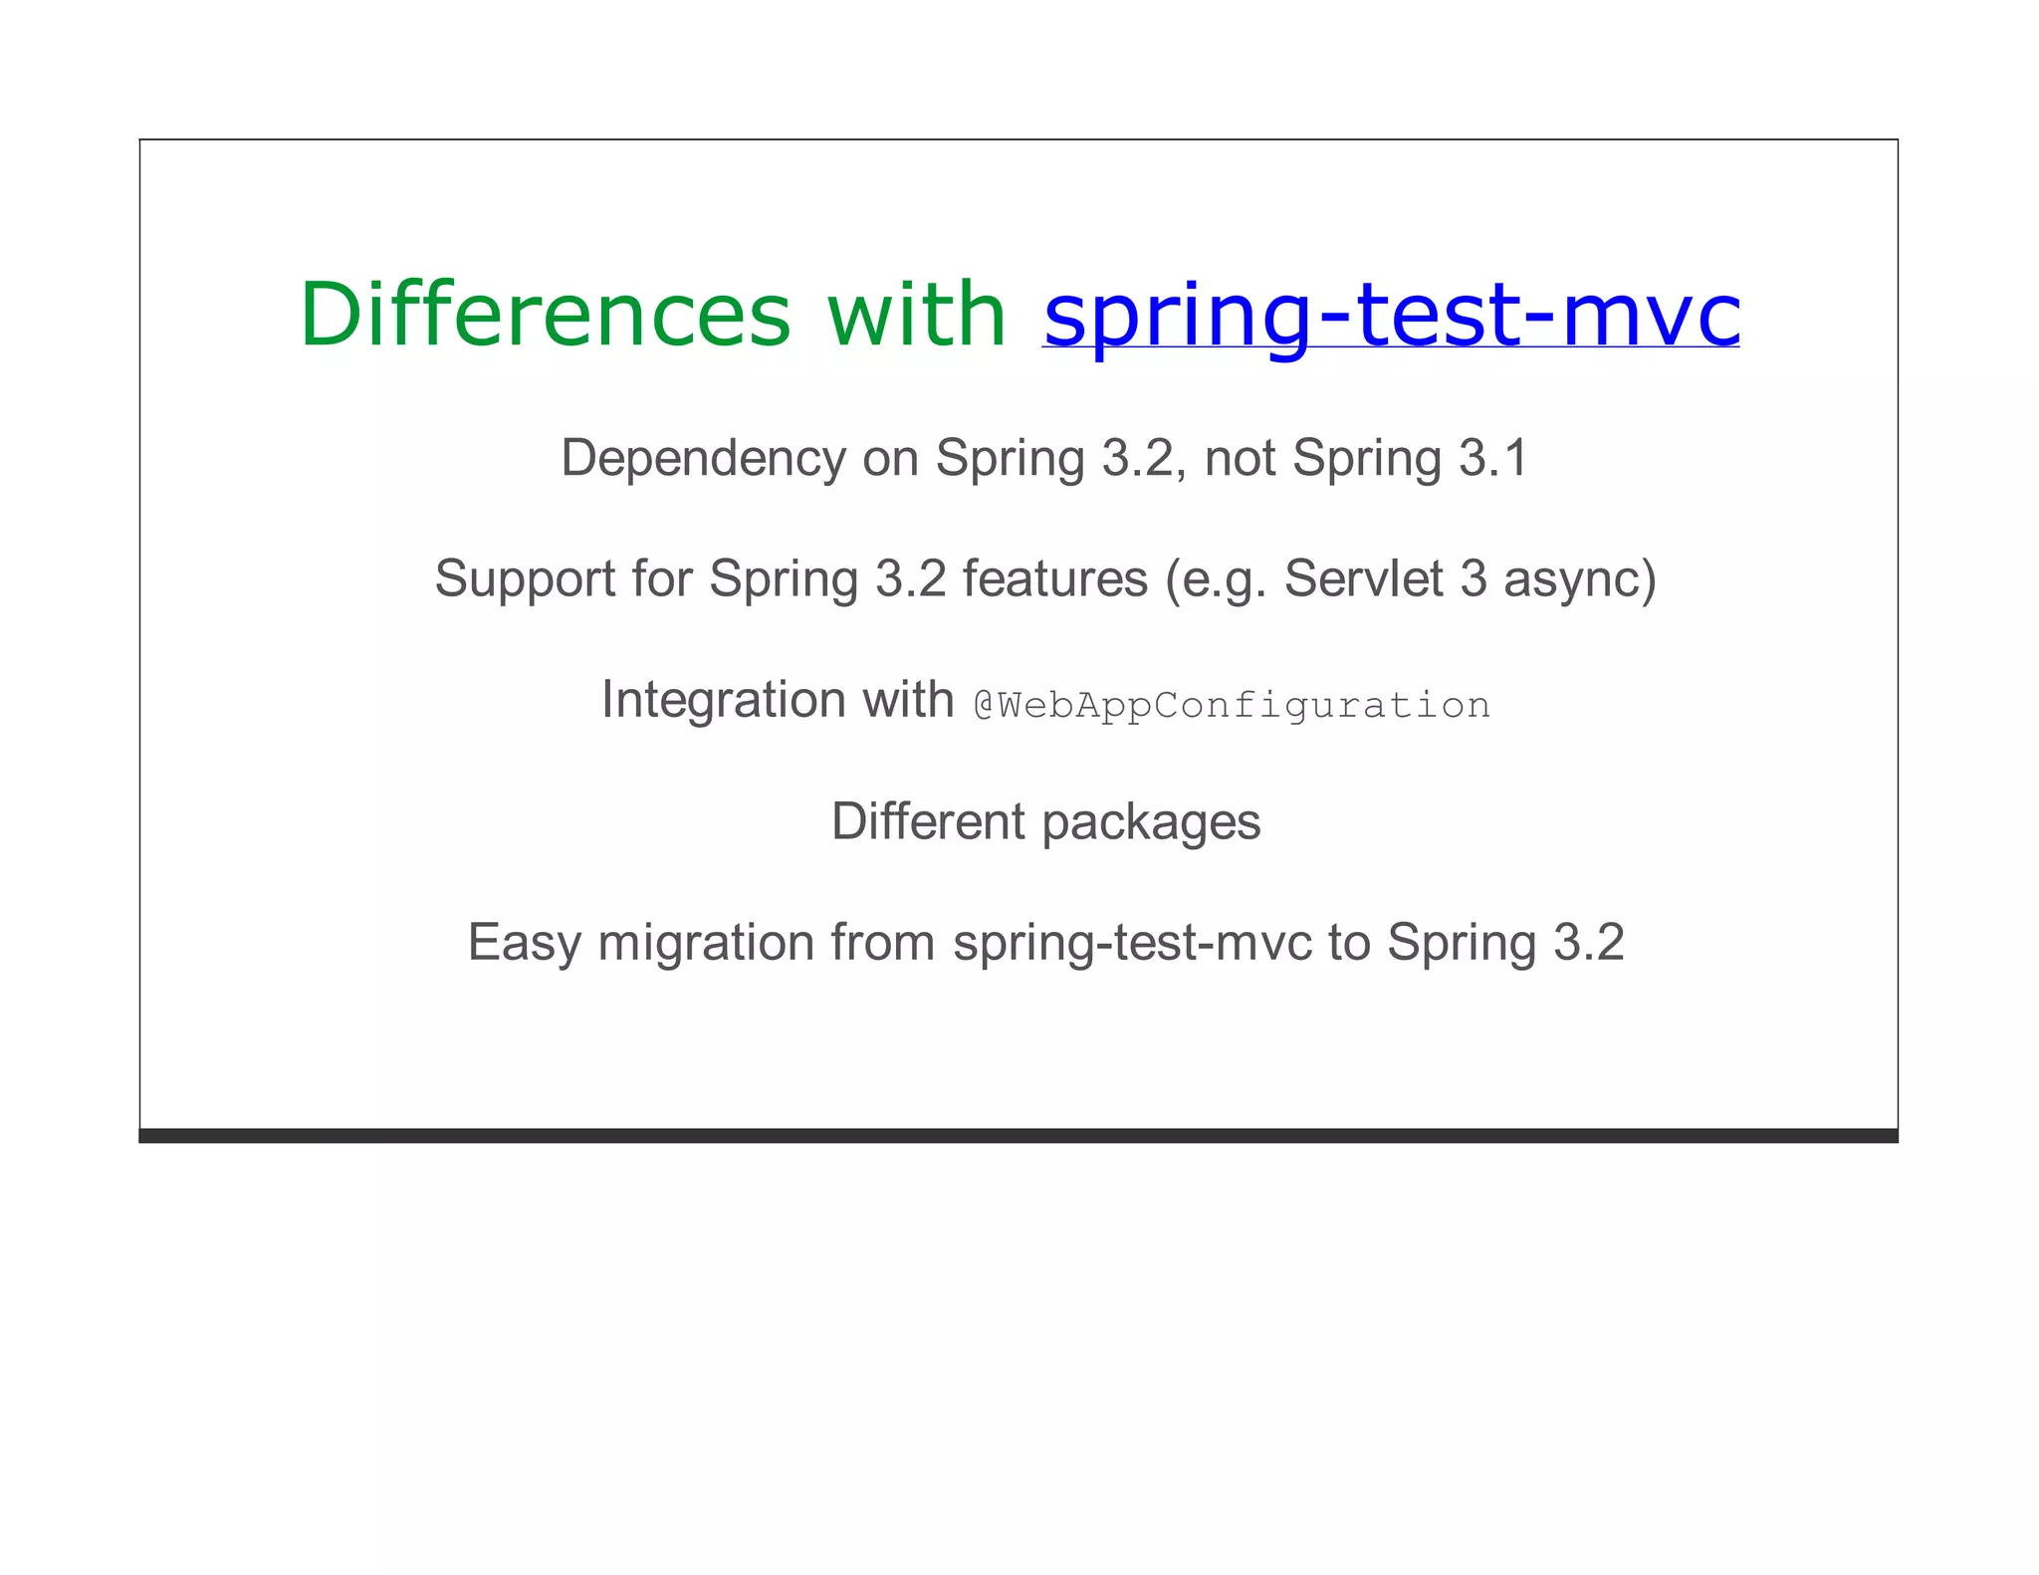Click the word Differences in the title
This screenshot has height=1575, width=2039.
(545, 315)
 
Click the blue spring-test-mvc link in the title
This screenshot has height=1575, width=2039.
(1391, 315)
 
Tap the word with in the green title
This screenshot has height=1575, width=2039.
(916, 315)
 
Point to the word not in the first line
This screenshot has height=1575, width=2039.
(1240, 459)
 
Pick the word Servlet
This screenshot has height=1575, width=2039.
(1363, 579)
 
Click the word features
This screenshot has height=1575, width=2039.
(1054, 579)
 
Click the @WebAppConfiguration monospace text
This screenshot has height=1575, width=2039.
(1232, 705)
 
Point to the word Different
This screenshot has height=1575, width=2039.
(928, 821)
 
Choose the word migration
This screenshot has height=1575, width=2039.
(706, 943)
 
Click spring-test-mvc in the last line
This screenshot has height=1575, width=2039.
(1132, 943)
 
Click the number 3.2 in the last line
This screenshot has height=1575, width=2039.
(1588, 943)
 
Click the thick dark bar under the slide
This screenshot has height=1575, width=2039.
(1018, 1135)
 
